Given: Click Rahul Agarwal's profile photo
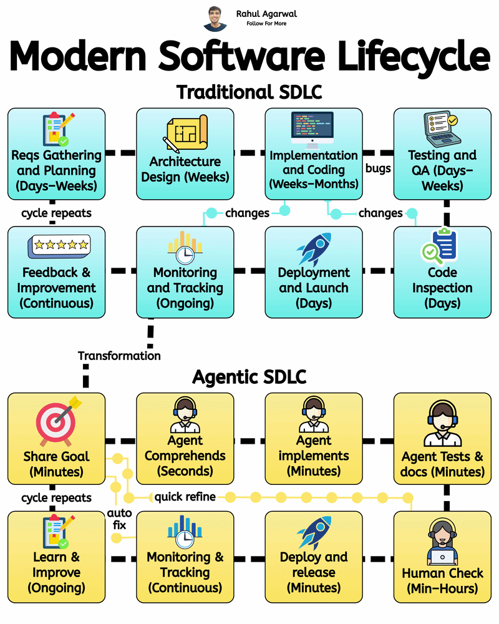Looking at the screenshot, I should tap(215, 19).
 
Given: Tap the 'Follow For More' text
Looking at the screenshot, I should tap(266, 24).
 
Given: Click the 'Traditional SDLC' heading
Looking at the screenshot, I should tap(249, 92).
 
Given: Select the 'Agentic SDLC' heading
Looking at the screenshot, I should tap(249, 377).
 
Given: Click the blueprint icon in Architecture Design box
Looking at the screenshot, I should tap(185, 134).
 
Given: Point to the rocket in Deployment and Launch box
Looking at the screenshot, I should tap(314, 248).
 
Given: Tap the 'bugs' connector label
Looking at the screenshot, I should tap(378, 168).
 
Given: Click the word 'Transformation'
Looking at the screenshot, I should tap(119, 356).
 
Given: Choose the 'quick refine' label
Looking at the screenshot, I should tap(185, 497).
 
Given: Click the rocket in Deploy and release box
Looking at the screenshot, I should tap(314, 532).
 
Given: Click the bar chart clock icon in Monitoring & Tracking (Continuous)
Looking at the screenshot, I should tap(185, 531).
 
